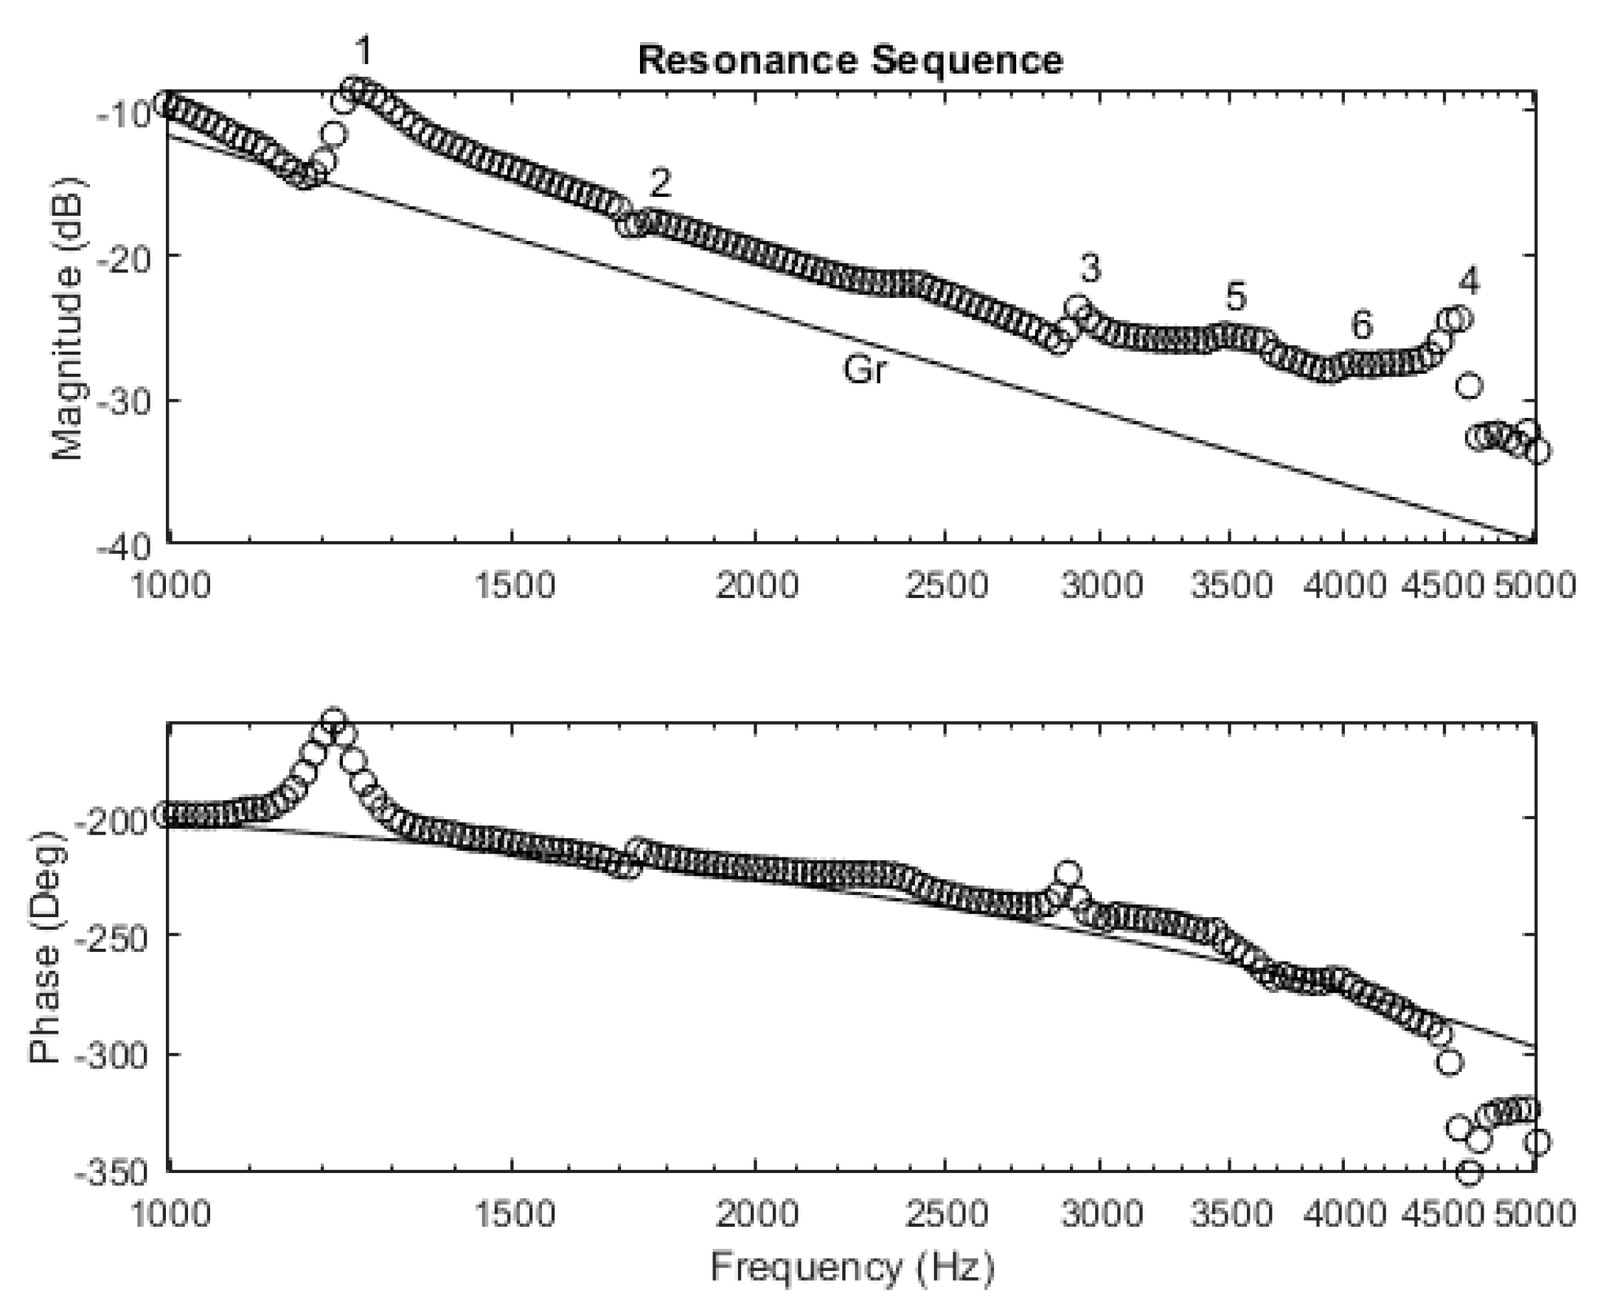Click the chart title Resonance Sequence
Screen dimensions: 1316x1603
(850, 60)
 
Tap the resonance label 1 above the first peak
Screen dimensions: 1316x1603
(364, 52)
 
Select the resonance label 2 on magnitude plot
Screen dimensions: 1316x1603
(661, 183)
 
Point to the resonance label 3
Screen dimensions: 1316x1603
(1091, 268)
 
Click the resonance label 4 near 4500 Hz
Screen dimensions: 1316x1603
(1469, 281)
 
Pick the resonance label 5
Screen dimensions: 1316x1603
(1236, 296)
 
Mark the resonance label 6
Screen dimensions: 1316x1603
(1362, 326)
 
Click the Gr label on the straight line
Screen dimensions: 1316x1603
(864, 370)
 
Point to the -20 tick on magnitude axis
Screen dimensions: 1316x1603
(125, 256)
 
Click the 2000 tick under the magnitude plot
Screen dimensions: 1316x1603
(757, 585)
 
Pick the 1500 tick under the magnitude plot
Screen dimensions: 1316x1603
(513, 585)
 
